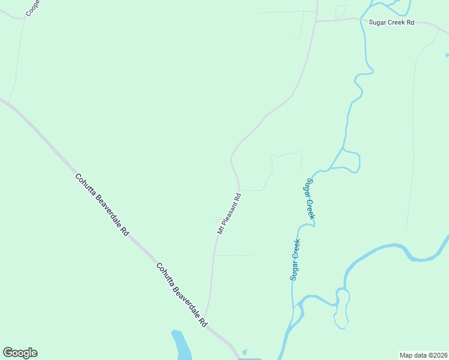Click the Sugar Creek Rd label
click(x=391, y=22)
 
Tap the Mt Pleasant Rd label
click(x=229, y=214)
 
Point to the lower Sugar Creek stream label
click(x=295, y=260)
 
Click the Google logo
click(x=20, y=353)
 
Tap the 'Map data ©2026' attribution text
click(x=423, y=355)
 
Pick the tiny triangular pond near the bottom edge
click(x=244, y=352)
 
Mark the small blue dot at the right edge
click(x=447, y=55)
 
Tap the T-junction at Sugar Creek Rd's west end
click(x=316, y=22)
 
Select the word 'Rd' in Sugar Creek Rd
click(x=410, y=22)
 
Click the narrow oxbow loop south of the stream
click(x=341, y=309)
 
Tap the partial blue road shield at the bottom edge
click(x=250, y=358)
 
